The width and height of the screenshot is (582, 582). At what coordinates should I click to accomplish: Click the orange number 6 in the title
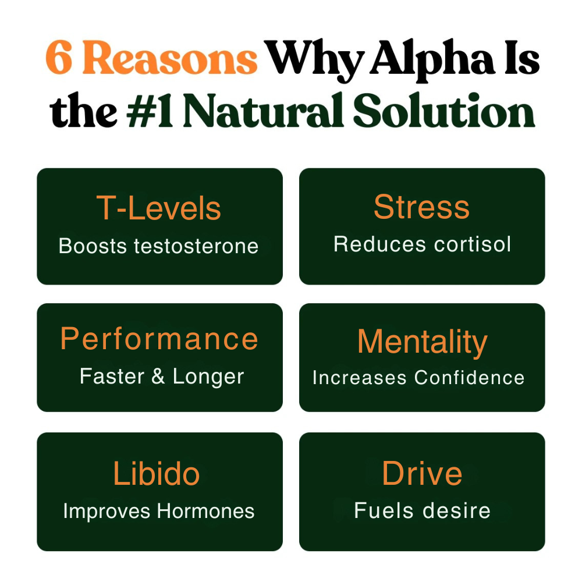coord(60,58)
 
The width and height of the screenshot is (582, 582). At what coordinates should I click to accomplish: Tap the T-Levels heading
coord(159,208)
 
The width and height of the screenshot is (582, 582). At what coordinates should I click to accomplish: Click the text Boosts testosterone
coord(159,246)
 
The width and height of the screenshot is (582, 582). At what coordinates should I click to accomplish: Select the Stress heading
coord(421,207)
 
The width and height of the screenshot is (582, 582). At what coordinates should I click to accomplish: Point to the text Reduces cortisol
coord(422,244)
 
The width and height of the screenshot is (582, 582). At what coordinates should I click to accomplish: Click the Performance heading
coord(159,339)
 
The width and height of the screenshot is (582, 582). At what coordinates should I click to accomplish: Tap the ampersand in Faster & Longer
coord(158,376)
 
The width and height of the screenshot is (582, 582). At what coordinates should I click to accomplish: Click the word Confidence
coord(469,378)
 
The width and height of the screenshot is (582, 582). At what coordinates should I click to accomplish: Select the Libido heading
coord(157,474)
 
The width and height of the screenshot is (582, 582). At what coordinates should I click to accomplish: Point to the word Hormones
coord(205,511)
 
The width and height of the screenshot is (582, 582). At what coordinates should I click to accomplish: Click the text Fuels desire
coord(422,511)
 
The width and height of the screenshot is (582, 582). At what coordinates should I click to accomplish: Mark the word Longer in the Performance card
coord(208,377)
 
